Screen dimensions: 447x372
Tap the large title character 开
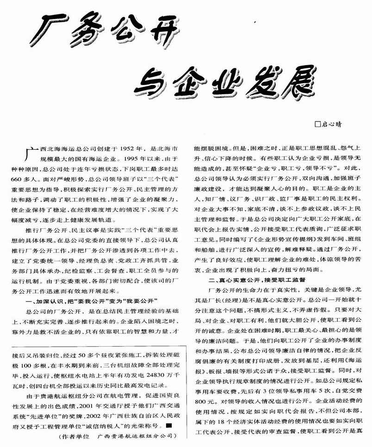[160, 31]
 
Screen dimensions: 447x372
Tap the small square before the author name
[317, 123]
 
